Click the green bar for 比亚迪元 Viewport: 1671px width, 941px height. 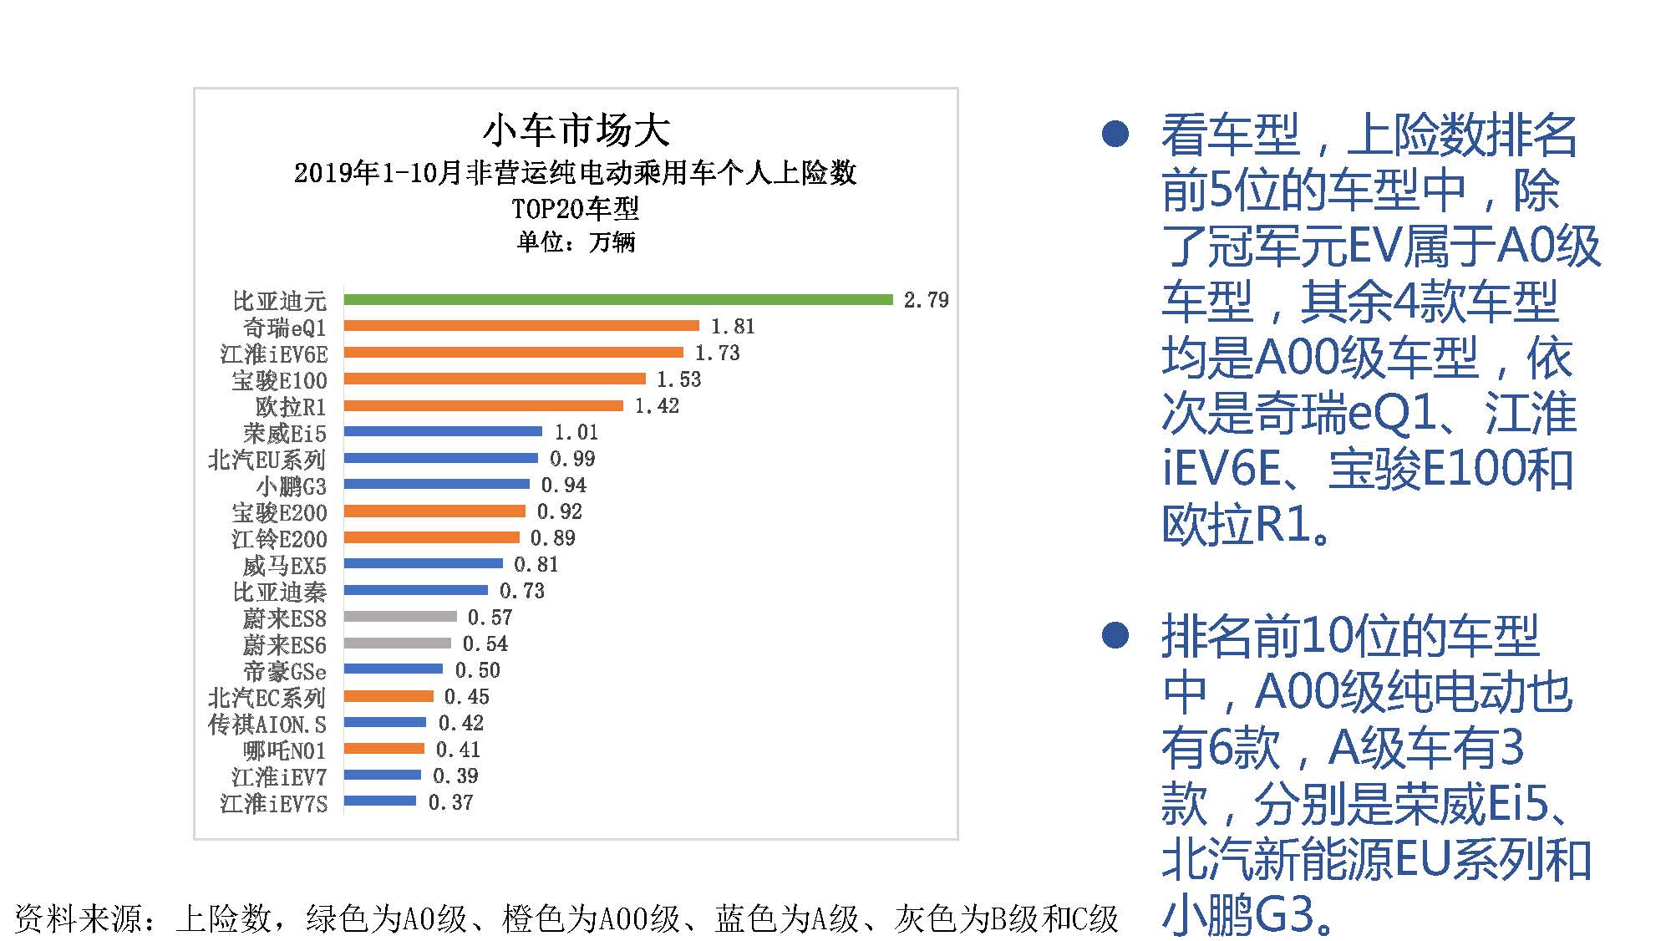click(618, 299)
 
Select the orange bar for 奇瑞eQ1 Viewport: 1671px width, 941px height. click(521, 326)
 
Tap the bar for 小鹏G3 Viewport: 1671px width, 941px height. click(436, 484)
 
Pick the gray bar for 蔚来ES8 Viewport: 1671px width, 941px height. click(400, 617)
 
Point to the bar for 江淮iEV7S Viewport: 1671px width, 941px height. click(380, 801)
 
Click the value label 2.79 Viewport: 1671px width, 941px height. click(926, 300)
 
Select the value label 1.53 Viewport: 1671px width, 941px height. click(678, 379)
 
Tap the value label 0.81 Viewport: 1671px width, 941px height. click(536, 565)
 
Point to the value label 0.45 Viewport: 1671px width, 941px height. click(466, 697)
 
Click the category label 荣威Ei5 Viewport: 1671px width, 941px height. click(285, 434)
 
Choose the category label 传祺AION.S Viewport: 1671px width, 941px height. click(267, 724)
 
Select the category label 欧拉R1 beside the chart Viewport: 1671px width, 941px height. click(291, 407)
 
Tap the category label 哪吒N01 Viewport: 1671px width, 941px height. click(284, 750)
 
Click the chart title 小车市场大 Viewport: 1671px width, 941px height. click(576, 131)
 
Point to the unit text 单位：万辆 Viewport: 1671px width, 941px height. click(576, 242)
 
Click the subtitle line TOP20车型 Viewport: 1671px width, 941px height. click(576, 208)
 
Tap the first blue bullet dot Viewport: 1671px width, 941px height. click(1115, 134)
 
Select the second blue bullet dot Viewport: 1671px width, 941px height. click(1115, 635)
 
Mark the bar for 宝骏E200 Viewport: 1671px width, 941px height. click(434, 511)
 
